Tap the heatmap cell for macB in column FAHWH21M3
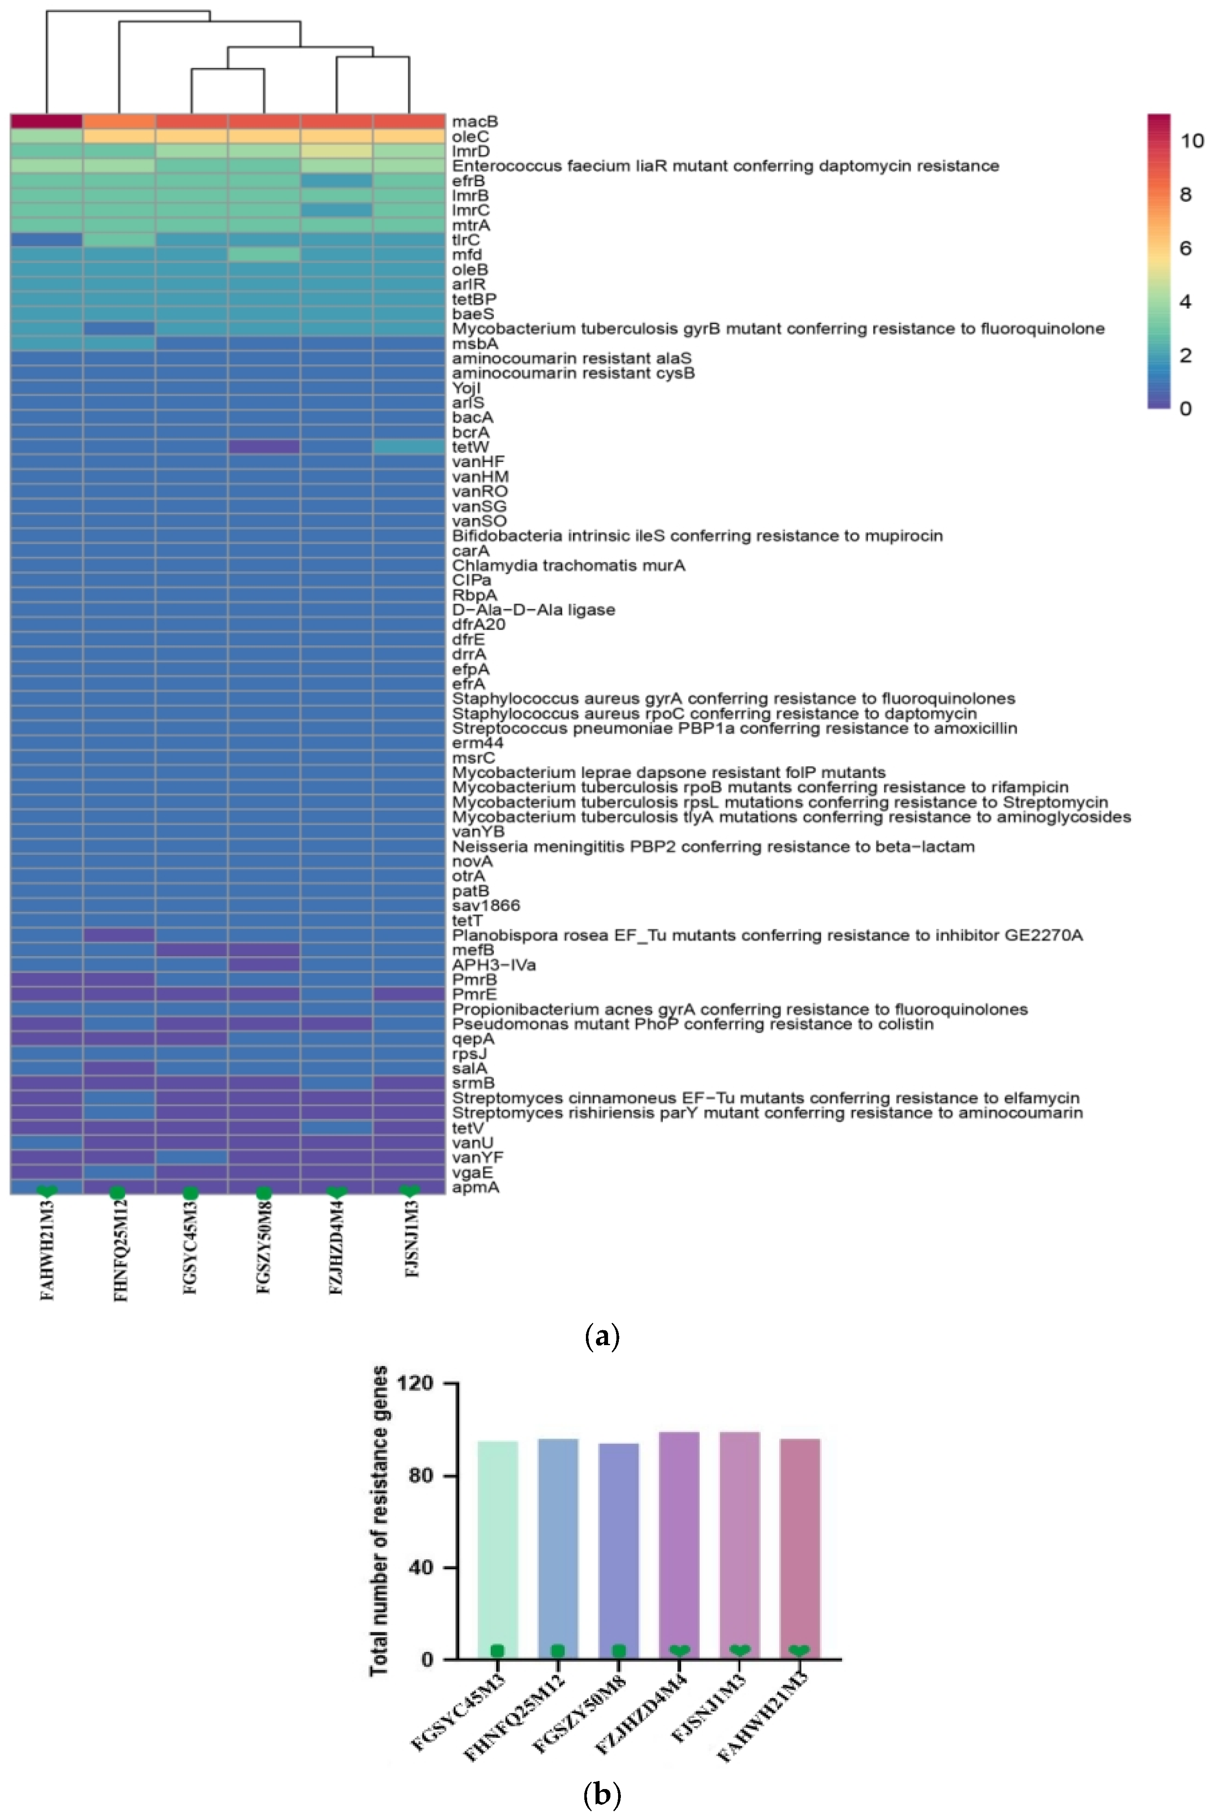pos(46,121)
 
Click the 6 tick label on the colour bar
pos(1186,248)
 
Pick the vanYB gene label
pos(478,832)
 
